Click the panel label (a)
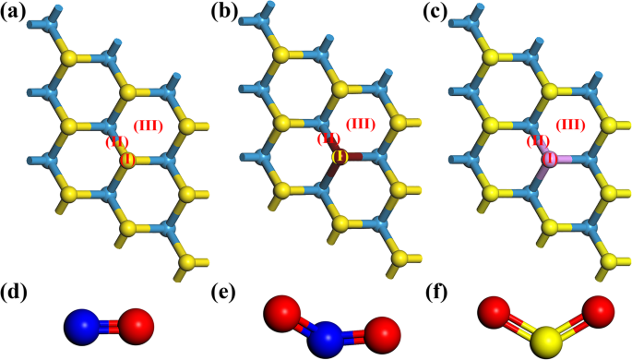16,13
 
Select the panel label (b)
225,13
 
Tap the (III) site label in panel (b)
361,125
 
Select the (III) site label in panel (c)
571,125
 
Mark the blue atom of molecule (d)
82,326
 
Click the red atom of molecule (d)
135,324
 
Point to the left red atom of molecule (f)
495,312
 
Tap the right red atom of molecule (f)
599,311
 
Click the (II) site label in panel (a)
115,141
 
